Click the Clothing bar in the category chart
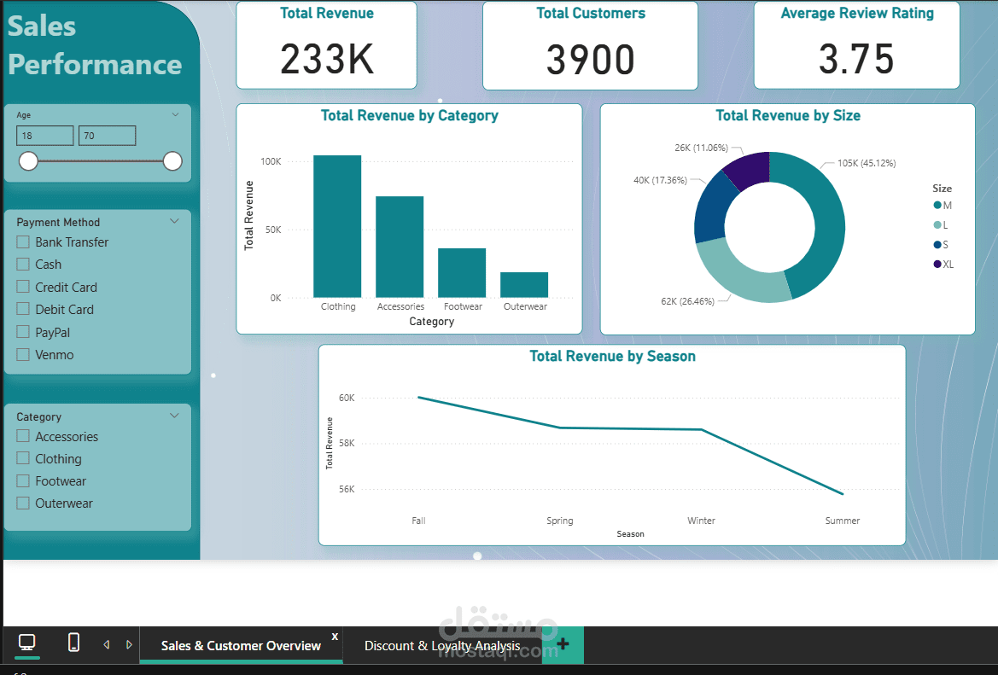pos(337,226)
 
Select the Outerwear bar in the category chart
pos(524,284)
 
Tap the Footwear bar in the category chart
pos(462,272)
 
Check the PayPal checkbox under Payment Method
pos(23,332)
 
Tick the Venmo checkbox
pos(23,354)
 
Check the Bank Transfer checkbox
pos(23,241)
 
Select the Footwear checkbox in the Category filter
pos(23,480)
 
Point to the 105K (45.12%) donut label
pos(866,163)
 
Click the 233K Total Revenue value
pos(327,59)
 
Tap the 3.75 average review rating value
pos(856,59)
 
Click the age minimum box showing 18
pos(44,136)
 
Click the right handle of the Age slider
pos(172,160)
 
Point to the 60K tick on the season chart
pos(347,398)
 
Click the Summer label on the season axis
pos(842,521)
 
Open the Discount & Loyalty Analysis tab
pos(442,646)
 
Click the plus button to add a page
pos(563,645)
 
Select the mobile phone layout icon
pos(74,643)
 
